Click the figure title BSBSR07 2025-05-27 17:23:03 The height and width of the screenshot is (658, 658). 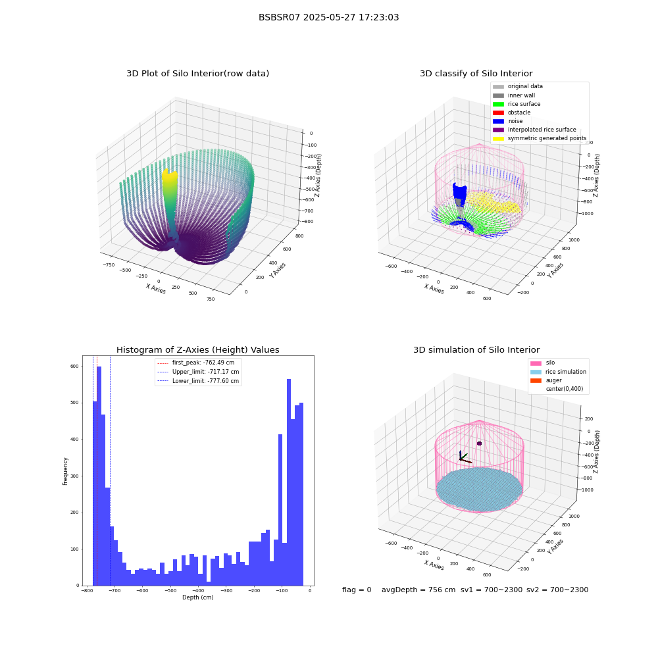[328, 17]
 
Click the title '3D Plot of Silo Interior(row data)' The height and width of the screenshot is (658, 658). [197, 74]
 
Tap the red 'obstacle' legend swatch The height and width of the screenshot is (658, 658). [498, 113]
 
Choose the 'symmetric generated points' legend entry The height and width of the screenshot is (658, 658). [540, 138]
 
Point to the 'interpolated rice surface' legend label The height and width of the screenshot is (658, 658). [542, 130]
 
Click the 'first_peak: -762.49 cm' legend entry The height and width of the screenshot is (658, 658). [196, 363]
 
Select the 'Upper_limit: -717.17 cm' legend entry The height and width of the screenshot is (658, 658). [198, 372]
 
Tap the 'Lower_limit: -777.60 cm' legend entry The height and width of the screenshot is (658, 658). [198, 381]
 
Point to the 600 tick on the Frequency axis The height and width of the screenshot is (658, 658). [74, 367]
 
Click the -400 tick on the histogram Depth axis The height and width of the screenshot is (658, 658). [198, 590]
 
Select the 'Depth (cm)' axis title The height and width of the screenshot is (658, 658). [198, 597]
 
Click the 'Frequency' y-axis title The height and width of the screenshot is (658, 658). [65, 471]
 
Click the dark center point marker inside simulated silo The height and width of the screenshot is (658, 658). [479, 443]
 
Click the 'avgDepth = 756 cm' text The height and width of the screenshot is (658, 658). [418, 590]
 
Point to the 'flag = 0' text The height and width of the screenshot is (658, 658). [357, 590]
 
